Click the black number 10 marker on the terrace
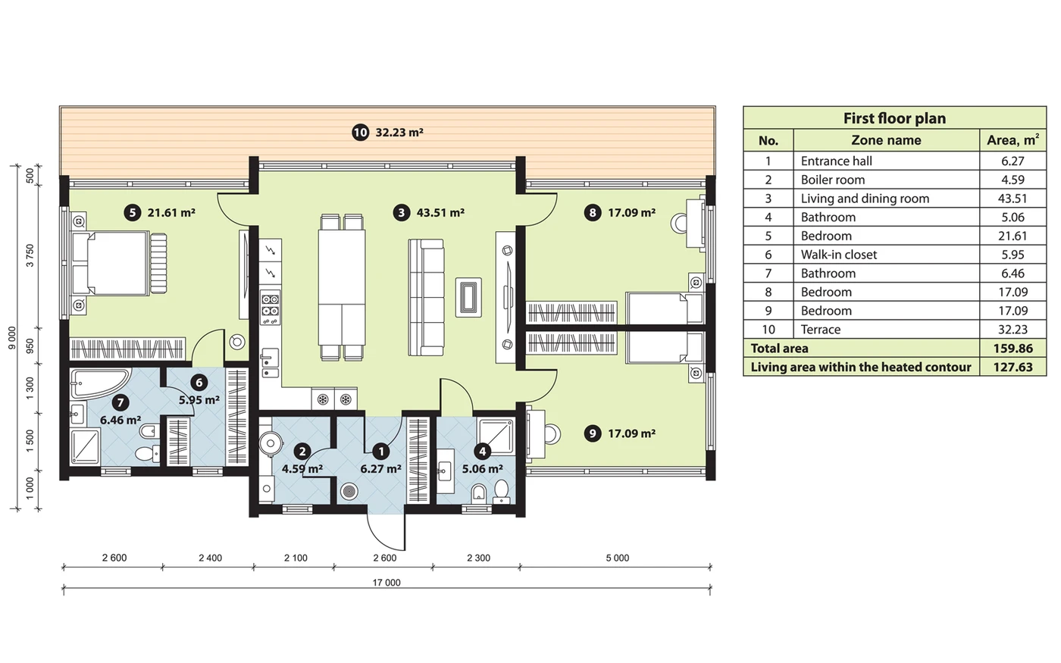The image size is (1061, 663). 360,132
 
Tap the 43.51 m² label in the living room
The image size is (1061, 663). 440,213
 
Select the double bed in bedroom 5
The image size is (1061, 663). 118,264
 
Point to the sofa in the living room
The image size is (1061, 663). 426,297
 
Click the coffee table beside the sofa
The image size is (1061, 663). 468,297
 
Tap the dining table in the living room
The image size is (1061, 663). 342,287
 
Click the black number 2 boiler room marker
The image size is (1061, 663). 302,452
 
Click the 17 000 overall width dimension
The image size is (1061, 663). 387,583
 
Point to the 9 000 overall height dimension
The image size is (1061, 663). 12,338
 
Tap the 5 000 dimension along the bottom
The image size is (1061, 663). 618,558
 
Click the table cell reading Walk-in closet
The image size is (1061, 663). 839,255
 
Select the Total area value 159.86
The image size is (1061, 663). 1012,349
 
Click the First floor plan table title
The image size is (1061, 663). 894,118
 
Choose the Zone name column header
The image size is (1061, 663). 886,140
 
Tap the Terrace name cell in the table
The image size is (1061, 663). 820,330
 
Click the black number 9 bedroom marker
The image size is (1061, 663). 592,433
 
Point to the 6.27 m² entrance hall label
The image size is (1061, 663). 380,469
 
